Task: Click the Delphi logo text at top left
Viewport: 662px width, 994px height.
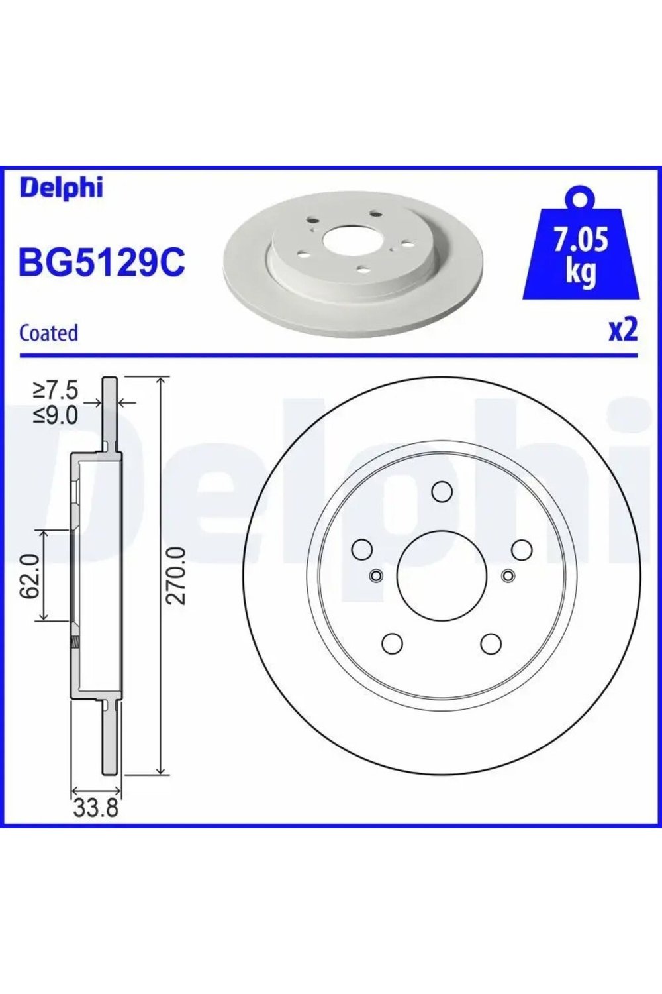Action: coord(61,188)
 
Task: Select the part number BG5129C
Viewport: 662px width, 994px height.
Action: coord(101,262)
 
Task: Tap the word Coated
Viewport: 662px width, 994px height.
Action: coord(49,333)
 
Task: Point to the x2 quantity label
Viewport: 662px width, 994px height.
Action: coord(623,331)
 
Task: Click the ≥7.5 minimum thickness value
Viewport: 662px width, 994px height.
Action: coord(56,391)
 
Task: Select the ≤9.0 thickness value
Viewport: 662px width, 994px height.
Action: coord(56,415)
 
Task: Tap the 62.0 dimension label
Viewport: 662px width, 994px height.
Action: coord(30,575)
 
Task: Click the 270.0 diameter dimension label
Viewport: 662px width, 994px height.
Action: coord(176,576)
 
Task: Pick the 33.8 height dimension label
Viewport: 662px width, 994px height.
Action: coord(96,808)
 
